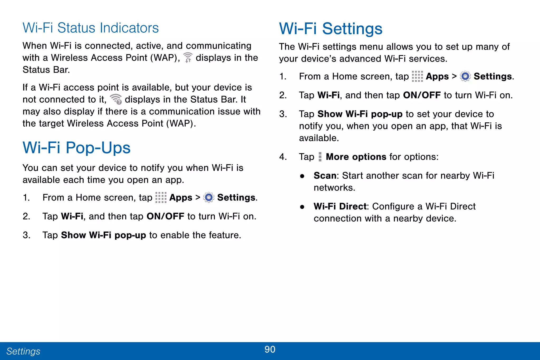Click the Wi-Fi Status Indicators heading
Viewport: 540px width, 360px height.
[90, 28]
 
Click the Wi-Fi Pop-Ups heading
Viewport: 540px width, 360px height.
[76, 148]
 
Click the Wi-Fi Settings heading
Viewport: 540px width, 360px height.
[331, 28]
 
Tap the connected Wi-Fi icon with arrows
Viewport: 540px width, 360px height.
[188, 57]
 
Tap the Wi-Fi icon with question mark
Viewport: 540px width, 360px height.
[116, 99]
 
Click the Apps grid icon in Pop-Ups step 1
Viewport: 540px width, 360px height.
[161, 198]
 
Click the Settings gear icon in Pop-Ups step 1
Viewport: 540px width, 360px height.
[209, 198]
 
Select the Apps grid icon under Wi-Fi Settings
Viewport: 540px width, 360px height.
[417, 76]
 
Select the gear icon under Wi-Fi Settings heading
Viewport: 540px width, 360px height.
[465, 76]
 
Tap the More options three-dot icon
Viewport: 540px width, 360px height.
[320, 157]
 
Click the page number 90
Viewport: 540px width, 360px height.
[270, 349]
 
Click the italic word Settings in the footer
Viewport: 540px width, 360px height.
[23, 351]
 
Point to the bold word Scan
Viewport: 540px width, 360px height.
[325, 176]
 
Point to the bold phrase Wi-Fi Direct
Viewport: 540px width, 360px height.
[340, 207]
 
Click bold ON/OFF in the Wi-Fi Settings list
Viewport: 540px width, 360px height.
[422, 95]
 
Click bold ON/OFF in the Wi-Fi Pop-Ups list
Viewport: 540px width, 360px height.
[165, 217]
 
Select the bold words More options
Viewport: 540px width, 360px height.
[356, 157]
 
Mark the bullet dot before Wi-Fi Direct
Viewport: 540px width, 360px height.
[302, 207]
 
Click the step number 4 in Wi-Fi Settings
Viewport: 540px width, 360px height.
[283, 157]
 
